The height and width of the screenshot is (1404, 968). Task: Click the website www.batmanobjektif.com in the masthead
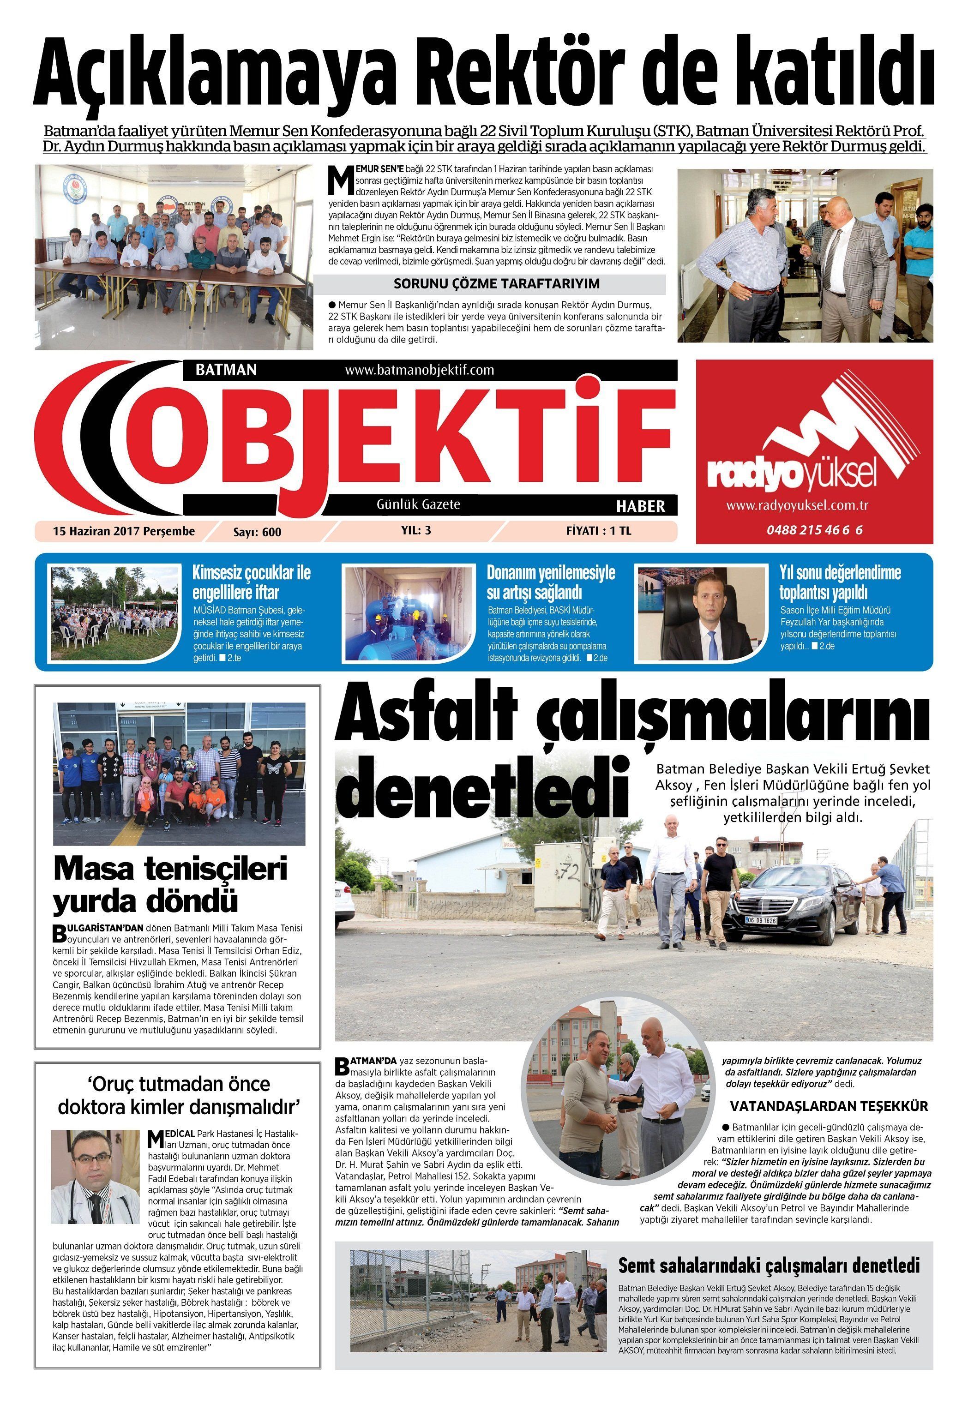tap(419, 369)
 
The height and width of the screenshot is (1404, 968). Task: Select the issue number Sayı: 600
tap(257, 532)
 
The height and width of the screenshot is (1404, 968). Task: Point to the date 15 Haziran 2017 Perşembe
tap(124, 531)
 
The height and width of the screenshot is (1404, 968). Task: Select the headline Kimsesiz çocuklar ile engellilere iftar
tap(251, 582)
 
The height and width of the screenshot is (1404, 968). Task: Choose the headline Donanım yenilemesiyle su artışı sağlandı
tap(551, 582)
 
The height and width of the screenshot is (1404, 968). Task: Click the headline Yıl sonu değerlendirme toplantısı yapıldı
tap(840, 582)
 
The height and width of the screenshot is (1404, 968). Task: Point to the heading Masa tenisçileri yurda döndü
tap(170, 885)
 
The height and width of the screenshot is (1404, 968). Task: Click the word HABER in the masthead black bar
tap(640, 506)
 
